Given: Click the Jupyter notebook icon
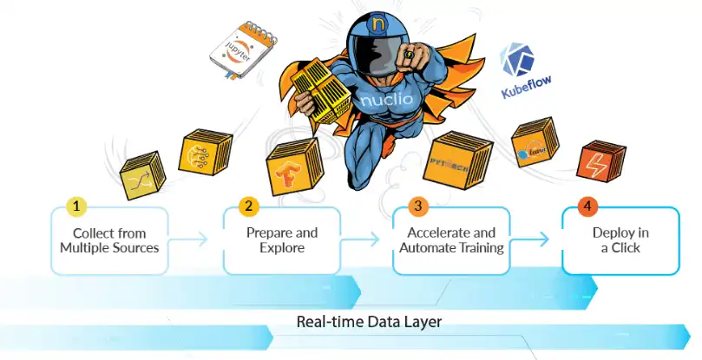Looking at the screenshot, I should click(237, 48).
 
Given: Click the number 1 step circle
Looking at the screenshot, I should click(78, 206).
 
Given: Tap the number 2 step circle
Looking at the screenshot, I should click(249, 206).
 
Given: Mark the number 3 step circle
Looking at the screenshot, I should click(418, 206).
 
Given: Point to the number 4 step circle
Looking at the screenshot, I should click(587, 206).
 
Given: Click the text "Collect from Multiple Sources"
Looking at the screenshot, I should click(109, 240).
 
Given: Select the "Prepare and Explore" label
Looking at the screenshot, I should click(282, 240).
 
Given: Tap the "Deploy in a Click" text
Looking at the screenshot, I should click(620, 240).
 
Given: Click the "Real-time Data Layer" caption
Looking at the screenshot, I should click(369, 322).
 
